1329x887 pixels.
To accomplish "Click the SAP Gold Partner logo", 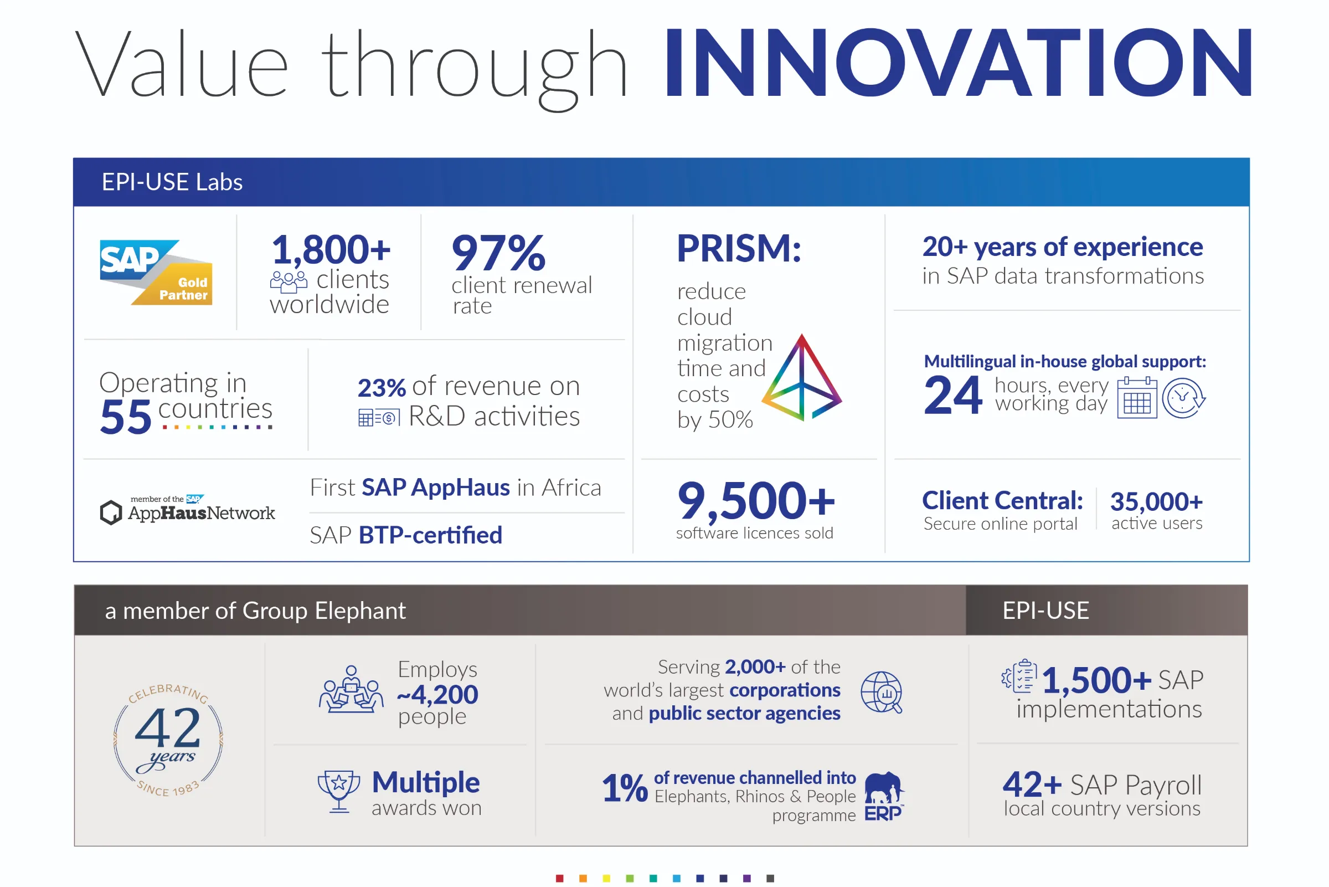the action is (156, 272).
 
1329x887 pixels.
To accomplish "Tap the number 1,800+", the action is (331, 249).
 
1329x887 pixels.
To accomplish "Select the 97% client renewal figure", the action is (498, 253).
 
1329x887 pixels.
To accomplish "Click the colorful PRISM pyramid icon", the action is (802, 377).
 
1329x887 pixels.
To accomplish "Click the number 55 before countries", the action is (126, 417).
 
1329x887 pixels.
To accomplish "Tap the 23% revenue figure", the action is (382, 388).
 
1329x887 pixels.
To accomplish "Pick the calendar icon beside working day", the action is (1137, 398).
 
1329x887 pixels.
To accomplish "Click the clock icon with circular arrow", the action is (1184, 398).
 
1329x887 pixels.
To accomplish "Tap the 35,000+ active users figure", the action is (1157, 502).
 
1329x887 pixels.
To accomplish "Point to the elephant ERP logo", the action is (885, 796).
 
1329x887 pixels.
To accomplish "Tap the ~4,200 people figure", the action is (438, 695).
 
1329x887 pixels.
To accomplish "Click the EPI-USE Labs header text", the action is (172, 182).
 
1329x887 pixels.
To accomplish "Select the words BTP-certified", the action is (431, 535).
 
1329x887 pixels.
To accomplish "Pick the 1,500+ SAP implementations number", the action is (1096, 680).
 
